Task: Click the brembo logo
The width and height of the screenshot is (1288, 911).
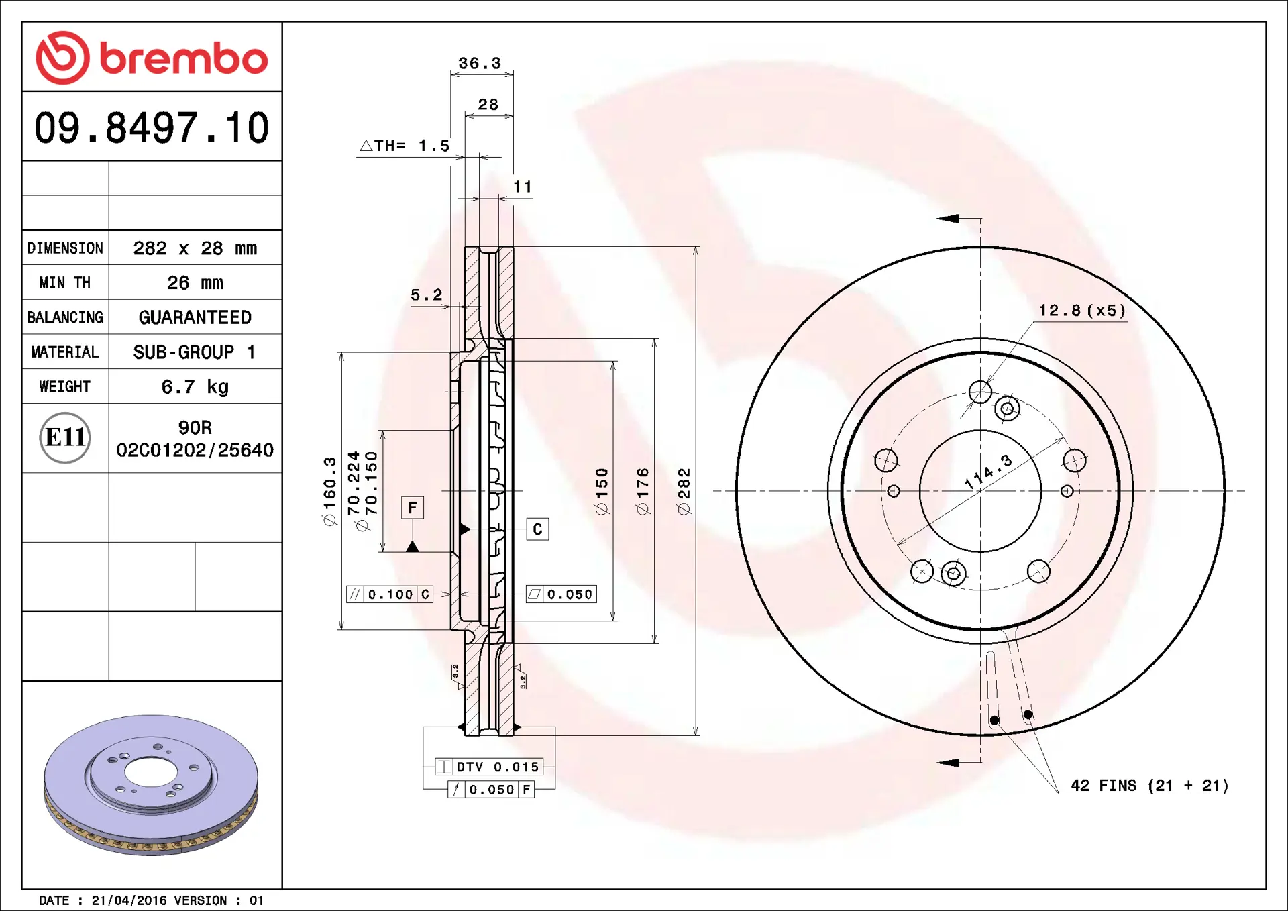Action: click(x=152, y=58)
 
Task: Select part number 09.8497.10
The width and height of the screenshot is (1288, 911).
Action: click(x=152, y=127)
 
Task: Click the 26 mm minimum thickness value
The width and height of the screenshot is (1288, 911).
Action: click(x=195, y=282)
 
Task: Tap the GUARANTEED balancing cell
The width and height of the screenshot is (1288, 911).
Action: click(x=195, y=317)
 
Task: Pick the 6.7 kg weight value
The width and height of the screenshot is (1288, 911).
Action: click(x=195, y=387)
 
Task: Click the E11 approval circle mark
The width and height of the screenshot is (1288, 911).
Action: click(x=65, y=437)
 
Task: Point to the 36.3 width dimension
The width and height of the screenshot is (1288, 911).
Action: click(x=480, y=63)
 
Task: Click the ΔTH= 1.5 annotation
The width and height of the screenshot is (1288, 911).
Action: click(x=405, y=146)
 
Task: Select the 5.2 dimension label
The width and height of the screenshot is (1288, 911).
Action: click(x=427, y=294)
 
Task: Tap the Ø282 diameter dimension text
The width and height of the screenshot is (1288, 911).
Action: click(x=684, y=492)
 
